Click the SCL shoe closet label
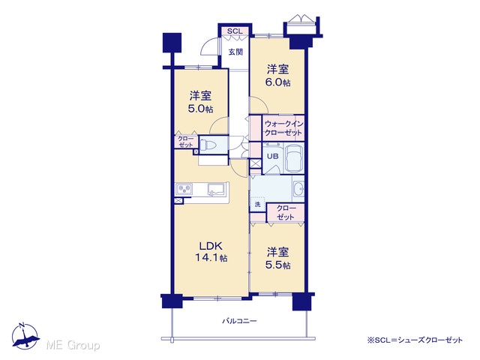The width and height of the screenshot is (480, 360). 235,31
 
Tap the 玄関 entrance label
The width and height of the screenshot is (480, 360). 235,52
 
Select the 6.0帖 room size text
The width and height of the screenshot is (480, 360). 277,82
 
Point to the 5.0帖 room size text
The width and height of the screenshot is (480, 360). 200,109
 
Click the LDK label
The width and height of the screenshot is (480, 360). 211,246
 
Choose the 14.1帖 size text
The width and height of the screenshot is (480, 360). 211,258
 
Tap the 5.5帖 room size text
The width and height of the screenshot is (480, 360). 277,265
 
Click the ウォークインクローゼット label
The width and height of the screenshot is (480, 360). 283,128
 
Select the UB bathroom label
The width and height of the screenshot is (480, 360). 273,156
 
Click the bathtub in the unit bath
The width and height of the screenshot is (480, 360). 294,158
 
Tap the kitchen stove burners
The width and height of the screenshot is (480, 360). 184,189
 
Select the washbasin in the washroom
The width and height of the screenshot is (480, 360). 298,187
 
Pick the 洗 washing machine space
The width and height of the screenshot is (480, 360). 257,204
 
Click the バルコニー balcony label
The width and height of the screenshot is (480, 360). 239,321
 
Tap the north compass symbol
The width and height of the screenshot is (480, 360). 25,336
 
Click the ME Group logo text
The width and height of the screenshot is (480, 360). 73,345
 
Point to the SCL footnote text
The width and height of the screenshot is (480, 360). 415,340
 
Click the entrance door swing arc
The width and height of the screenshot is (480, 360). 208,46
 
